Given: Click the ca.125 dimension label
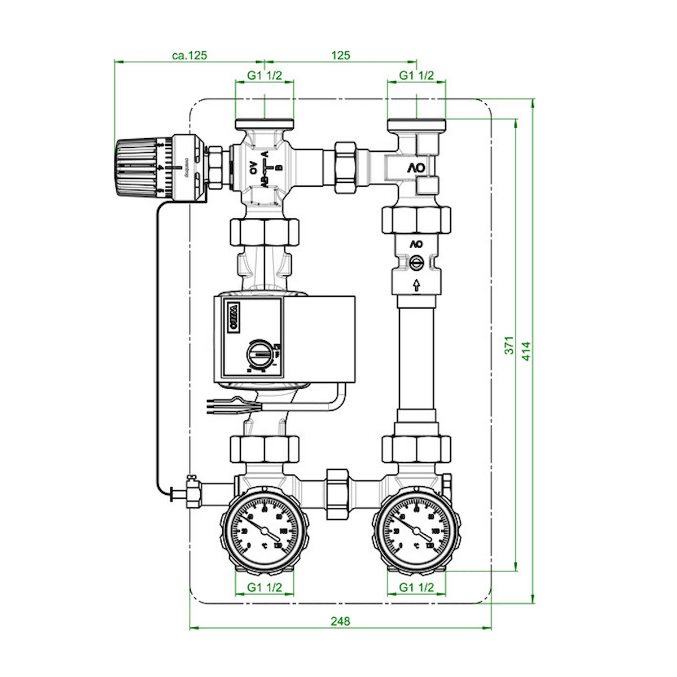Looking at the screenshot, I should tap(190, 55).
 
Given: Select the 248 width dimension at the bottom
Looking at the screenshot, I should tap(340, 621).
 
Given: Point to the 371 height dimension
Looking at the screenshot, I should tap(509, 345).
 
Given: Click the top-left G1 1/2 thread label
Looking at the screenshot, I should tap(265, 76).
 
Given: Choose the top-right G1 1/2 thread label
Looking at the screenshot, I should tap(416, 76).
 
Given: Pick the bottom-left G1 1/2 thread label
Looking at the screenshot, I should tap(265, 587).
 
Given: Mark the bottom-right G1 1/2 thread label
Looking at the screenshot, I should tap(416, 587).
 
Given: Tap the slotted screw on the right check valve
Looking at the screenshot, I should tap(416, 263).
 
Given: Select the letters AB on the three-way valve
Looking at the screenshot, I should tap(263, 182).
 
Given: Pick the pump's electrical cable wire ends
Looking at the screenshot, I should tap(217, 403).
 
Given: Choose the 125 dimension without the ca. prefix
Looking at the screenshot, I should tap(340, 55).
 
